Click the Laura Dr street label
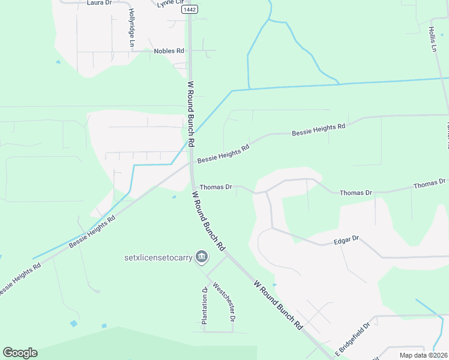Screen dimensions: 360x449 (100, 3)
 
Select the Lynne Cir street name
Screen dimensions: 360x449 (168, 4)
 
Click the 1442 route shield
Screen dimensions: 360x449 (189, 10)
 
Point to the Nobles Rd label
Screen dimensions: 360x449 (169, 51)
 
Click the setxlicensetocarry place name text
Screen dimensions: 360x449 (158, 258)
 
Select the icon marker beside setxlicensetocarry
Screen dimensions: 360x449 (202, 258)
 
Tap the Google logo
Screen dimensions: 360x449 (20, 353)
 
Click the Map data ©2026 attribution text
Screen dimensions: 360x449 (423, 355)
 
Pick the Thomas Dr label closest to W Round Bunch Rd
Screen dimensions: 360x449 (215, 187)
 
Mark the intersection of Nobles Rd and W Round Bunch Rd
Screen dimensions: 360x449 (190, 52)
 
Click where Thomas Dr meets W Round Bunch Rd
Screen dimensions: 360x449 (193, 186)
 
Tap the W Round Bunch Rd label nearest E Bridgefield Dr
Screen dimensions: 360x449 (277, 305)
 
